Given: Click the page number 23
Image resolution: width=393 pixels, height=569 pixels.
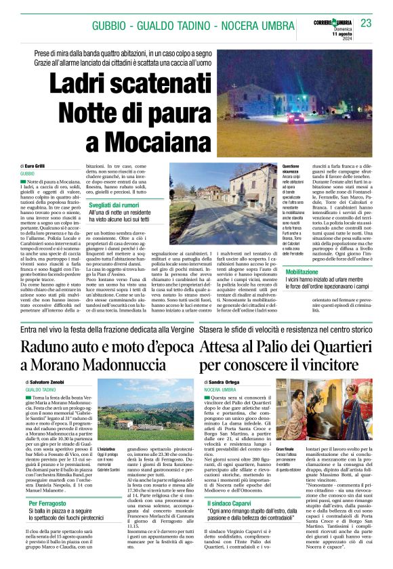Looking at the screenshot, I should coord(367,23).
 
